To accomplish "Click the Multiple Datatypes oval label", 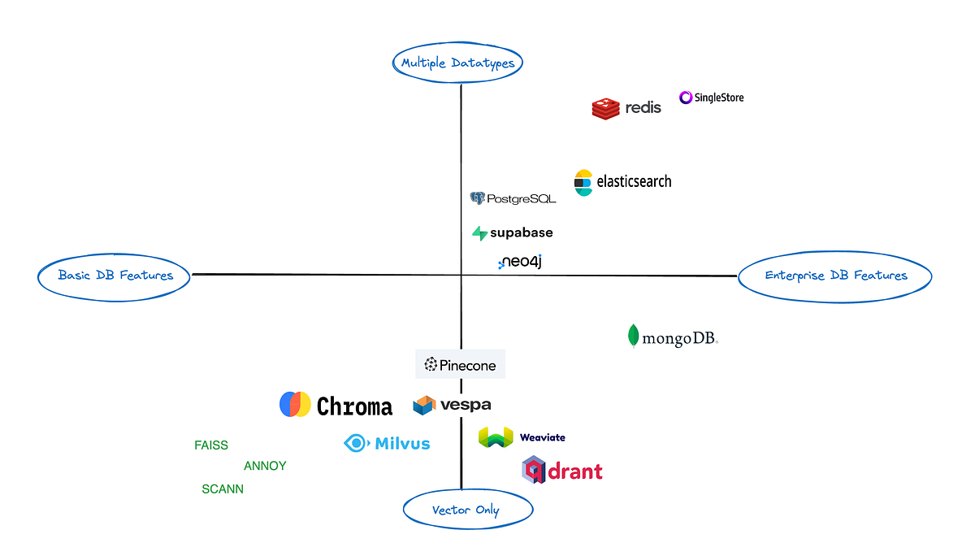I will point(457,63).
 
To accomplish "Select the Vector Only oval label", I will point(467,510).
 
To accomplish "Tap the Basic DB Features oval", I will point(115,276).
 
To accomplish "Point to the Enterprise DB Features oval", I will point(835,276).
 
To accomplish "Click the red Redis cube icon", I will point(605,108).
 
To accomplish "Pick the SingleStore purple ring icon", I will point(686,98).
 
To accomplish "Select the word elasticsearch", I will point(634,182).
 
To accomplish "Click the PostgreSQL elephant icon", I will point(478,198).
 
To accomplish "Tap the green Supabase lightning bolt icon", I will point(479,233).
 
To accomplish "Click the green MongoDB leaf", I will point(633,337).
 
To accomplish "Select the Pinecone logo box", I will point(461,365).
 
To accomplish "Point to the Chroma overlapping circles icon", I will point(295,405).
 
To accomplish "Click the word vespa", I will point(466,405).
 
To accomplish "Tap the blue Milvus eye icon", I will point(356,443).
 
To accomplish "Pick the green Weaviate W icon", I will point(496,437).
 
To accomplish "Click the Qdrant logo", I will point(562,470).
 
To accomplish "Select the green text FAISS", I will point(211,445).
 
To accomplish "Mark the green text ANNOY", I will point(265,467).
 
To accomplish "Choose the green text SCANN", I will point(223,489).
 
